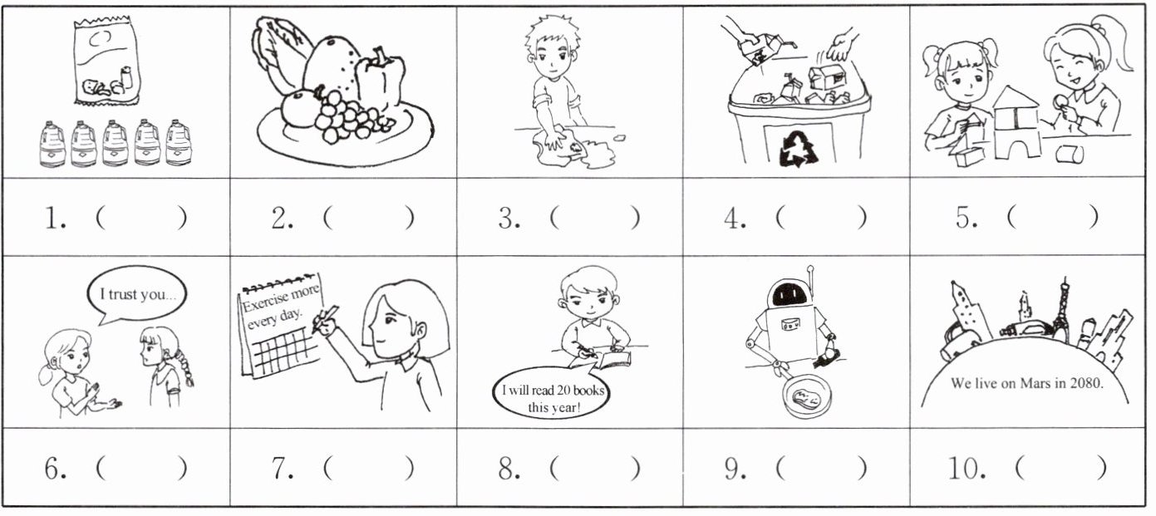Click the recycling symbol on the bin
[x=799, y=149]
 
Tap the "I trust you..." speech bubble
[x=136, y=294]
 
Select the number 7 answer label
[x=283, y=469]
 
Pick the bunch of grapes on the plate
[x=346, y=117]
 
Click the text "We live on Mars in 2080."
[x=1026, y=383]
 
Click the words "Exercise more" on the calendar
[x=281, y=299]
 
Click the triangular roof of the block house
[x=1015, y=97]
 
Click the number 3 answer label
[x=509, y=219]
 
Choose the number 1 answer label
[x=55, y=219]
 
